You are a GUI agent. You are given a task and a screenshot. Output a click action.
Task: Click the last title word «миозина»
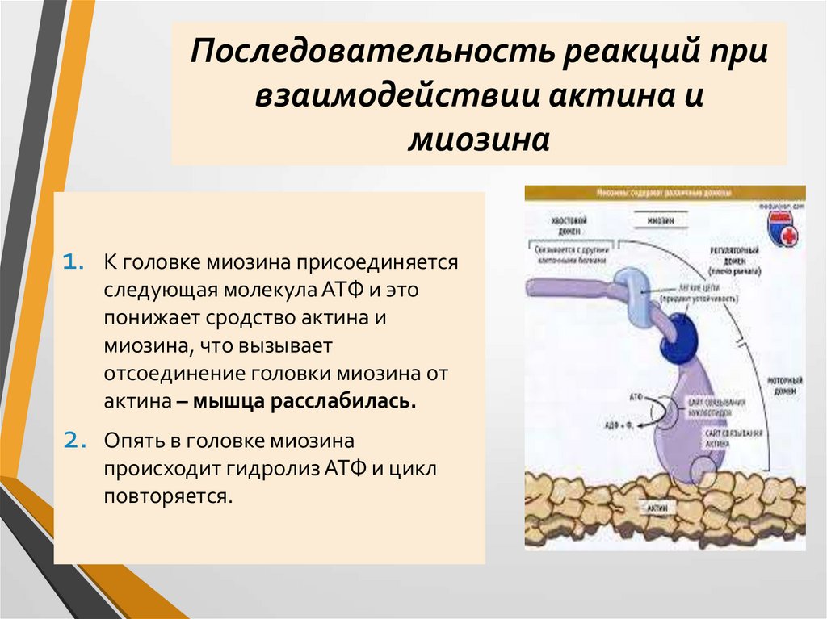(x=479, y=139)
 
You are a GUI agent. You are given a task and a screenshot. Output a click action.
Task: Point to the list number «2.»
(x=73, y=441)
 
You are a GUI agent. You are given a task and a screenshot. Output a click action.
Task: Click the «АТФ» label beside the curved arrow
(x=636, y=397)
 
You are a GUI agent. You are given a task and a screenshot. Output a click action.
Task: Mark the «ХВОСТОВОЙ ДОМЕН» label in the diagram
(x=567, y=224)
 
